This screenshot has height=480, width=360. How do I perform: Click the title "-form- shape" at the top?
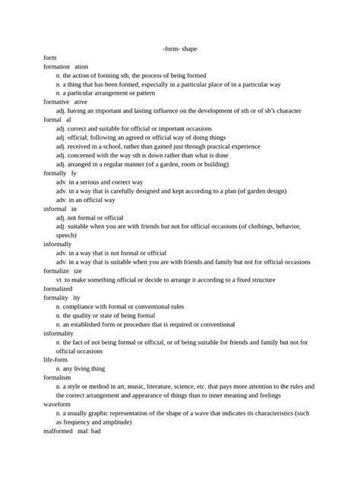179,49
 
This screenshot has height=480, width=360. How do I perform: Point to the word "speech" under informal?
66,235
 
